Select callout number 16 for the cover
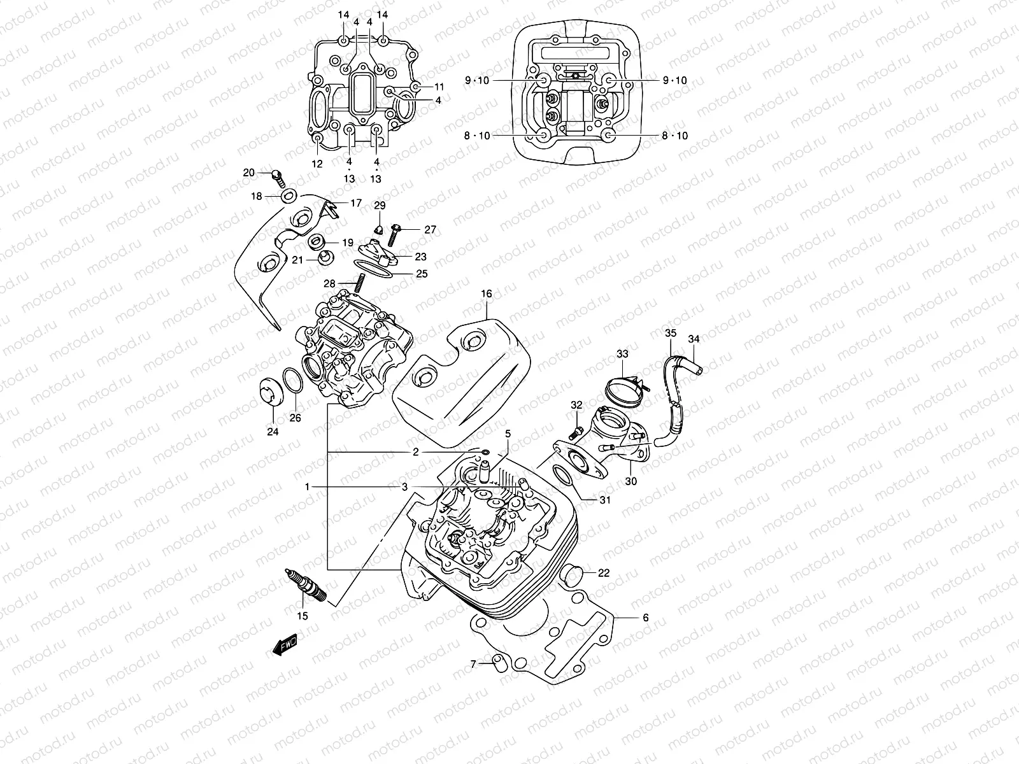click(487, 294)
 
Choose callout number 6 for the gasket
click(645, 618)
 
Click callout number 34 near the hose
click(694, 339)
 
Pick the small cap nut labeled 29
click(378, 229)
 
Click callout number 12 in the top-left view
click(317, 164)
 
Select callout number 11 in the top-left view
click(439, 86)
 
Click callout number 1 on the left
click(306, 486)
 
